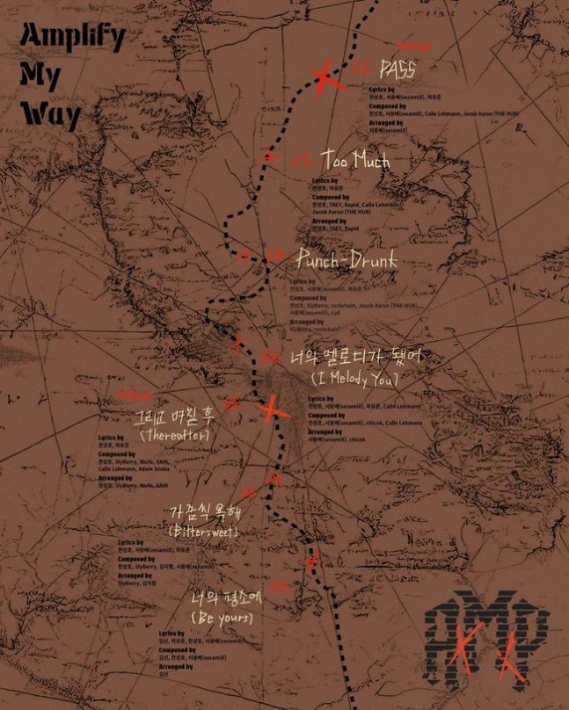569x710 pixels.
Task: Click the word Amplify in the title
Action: [x=73, y=37]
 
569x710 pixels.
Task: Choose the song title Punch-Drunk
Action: [x=347, y=260]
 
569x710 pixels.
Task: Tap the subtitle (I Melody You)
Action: [x=356, y=379]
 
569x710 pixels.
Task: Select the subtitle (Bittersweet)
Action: [x=204, y=532]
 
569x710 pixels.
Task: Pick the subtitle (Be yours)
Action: [x=222, y=619]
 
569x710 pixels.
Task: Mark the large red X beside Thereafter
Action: [x=274, y=408]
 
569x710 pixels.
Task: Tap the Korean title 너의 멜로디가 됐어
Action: [x=356, y=358]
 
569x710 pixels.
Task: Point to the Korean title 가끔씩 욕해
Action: [x=204, y=511]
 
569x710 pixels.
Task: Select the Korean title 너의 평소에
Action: [x=223, y=598]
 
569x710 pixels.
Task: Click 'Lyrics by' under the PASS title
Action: [x=379, y=89]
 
